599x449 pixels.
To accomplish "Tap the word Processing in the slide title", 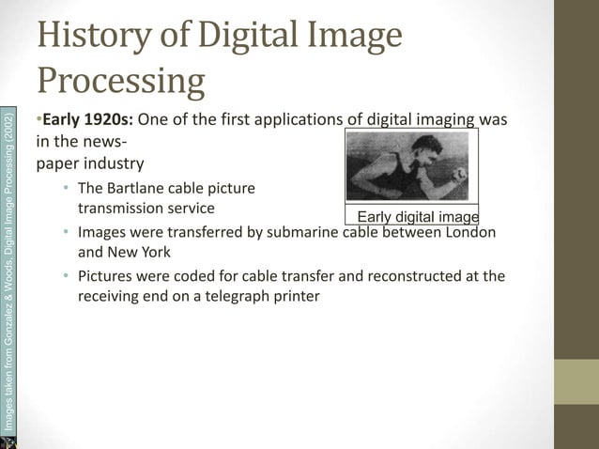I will (x=122, y=82).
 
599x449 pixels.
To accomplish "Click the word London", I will (x=466, y=232).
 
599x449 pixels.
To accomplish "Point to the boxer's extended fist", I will (x=460, y=174).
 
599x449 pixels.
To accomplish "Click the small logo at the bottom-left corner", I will (x=8, y=441).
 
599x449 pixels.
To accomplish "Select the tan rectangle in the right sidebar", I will (x=576, y=381).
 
